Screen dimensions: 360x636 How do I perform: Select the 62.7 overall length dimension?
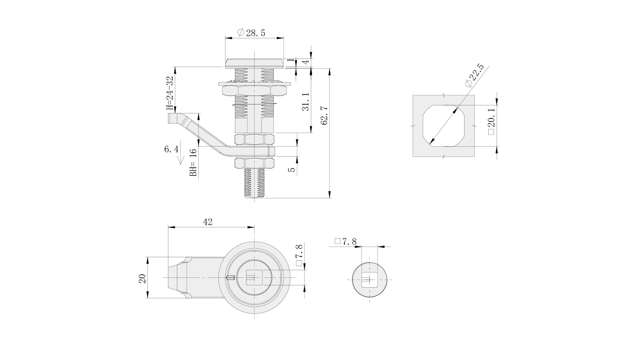(x=325, y=116)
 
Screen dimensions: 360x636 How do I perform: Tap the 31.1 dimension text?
(x=306, y=102)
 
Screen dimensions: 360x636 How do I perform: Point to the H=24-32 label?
(x=170, y=93)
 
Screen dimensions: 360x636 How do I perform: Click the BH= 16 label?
(x=193, y=163)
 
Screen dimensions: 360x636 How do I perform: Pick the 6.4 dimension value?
(x=171, y=149)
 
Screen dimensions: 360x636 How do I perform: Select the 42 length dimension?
(x=208, y=222)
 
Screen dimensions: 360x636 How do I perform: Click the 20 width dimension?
(x=142, y=279)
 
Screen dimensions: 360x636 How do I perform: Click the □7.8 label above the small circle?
(x=345, y=242)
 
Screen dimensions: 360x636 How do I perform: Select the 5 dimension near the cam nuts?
(x=292, y=170)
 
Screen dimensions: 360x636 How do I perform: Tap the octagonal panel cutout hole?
(x=444, y=126)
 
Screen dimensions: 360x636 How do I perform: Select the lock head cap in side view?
(x=255, y=63)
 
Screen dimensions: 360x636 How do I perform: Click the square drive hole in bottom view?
(x=252, y=278)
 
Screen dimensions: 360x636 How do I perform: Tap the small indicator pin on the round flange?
(x=230, y=277)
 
